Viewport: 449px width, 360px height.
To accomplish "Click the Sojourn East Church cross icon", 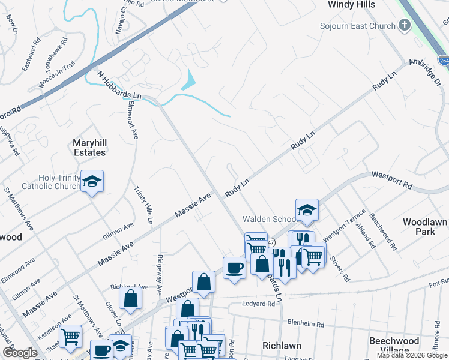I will [405, 26].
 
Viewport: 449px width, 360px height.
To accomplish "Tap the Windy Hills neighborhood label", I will [351, 4].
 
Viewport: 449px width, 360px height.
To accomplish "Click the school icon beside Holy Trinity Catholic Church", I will [92, 181].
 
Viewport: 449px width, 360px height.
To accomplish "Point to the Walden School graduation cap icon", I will [307, 210].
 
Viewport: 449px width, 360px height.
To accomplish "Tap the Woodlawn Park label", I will [425, 226].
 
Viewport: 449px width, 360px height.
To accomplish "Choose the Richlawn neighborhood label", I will [281, 346].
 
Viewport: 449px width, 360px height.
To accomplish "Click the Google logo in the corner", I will [20, 353].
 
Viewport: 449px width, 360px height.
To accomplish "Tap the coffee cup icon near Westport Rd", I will [234, 267].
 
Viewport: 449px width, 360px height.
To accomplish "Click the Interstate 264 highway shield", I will [443, 61].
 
